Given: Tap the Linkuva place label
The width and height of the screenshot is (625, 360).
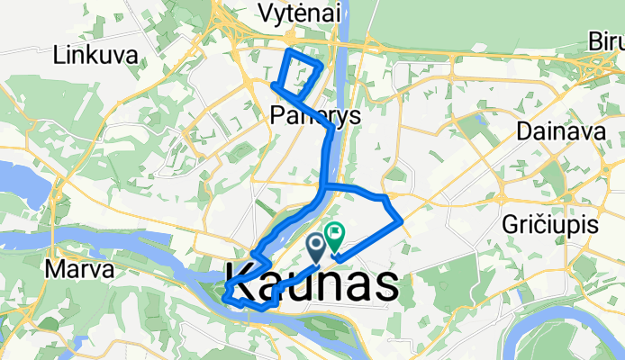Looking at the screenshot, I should [x=95, y=55].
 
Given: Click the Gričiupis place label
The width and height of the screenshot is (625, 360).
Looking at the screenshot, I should [x=552, y=227].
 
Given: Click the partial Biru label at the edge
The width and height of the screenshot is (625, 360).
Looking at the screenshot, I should [x=605, y=42].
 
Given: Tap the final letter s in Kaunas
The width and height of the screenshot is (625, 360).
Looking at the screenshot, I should [x=385, y=285].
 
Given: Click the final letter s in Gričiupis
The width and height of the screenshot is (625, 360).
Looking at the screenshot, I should [x=594, y=227].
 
